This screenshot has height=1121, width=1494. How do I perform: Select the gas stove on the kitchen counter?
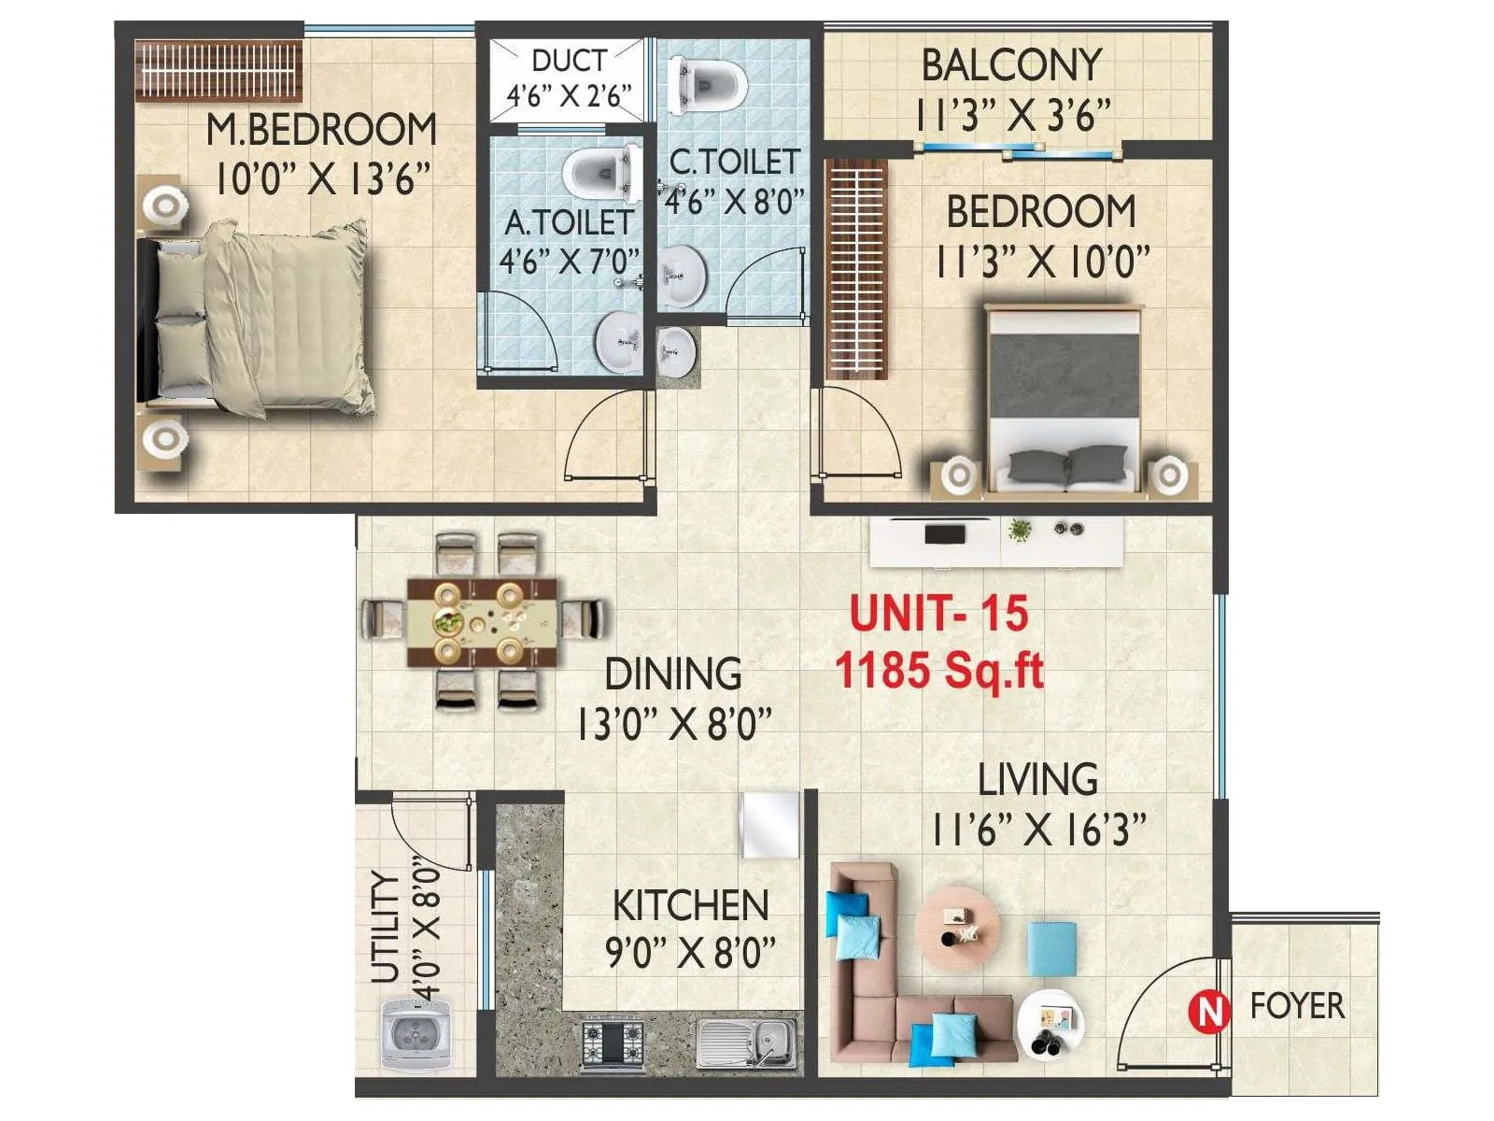(613, 1043)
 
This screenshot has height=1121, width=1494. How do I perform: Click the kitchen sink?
(748, 1042)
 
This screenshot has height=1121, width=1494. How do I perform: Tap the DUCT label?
(568, 61)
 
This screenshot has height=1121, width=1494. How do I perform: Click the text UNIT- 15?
(938, 614)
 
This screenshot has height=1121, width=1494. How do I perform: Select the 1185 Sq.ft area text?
(938, 670)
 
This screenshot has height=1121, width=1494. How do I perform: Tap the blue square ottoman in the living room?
(1052, 948)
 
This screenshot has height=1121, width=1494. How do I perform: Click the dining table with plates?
(483, 621)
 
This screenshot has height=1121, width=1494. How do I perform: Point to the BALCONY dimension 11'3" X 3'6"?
(1013, 116)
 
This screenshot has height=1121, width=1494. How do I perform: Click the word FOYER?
(1297, 1006)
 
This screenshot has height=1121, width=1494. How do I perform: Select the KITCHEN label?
(690, 905)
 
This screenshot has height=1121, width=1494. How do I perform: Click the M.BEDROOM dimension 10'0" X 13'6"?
(322, 177)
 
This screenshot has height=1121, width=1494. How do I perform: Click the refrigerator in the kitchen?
(770, 825)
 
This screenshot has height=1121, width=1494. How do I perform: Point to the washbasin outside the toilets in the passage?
(676, 352)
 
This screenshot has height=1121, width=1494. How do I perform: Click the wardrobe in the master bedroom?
(218, 70)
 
